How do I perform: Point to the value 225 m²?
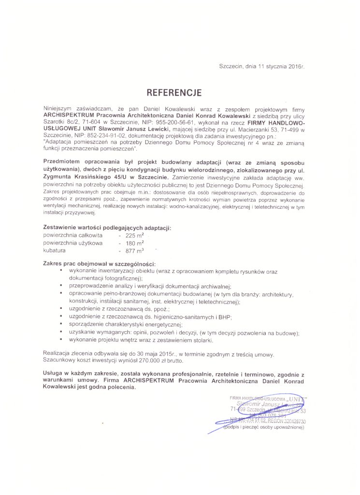[x=135, y=235]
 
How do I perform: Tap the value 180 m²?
[x=135, y=243]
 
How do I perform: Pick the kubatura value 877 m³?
[x=135, y=251]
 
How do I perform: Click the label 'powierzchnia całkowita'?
[x=72, y=235]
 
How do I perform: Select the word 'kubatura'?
[x=54, y=251]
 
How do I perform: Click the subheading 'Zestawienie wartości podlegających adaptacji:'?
[x=107, y=227]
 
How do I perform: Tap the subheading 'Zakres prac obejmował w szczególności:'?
[x=99, y=264]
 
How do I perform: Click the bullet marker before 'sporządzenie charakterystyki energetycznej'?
[x=61, y=324]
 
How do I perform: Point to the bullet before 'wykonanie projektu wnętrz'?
[x=61, y=339]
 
